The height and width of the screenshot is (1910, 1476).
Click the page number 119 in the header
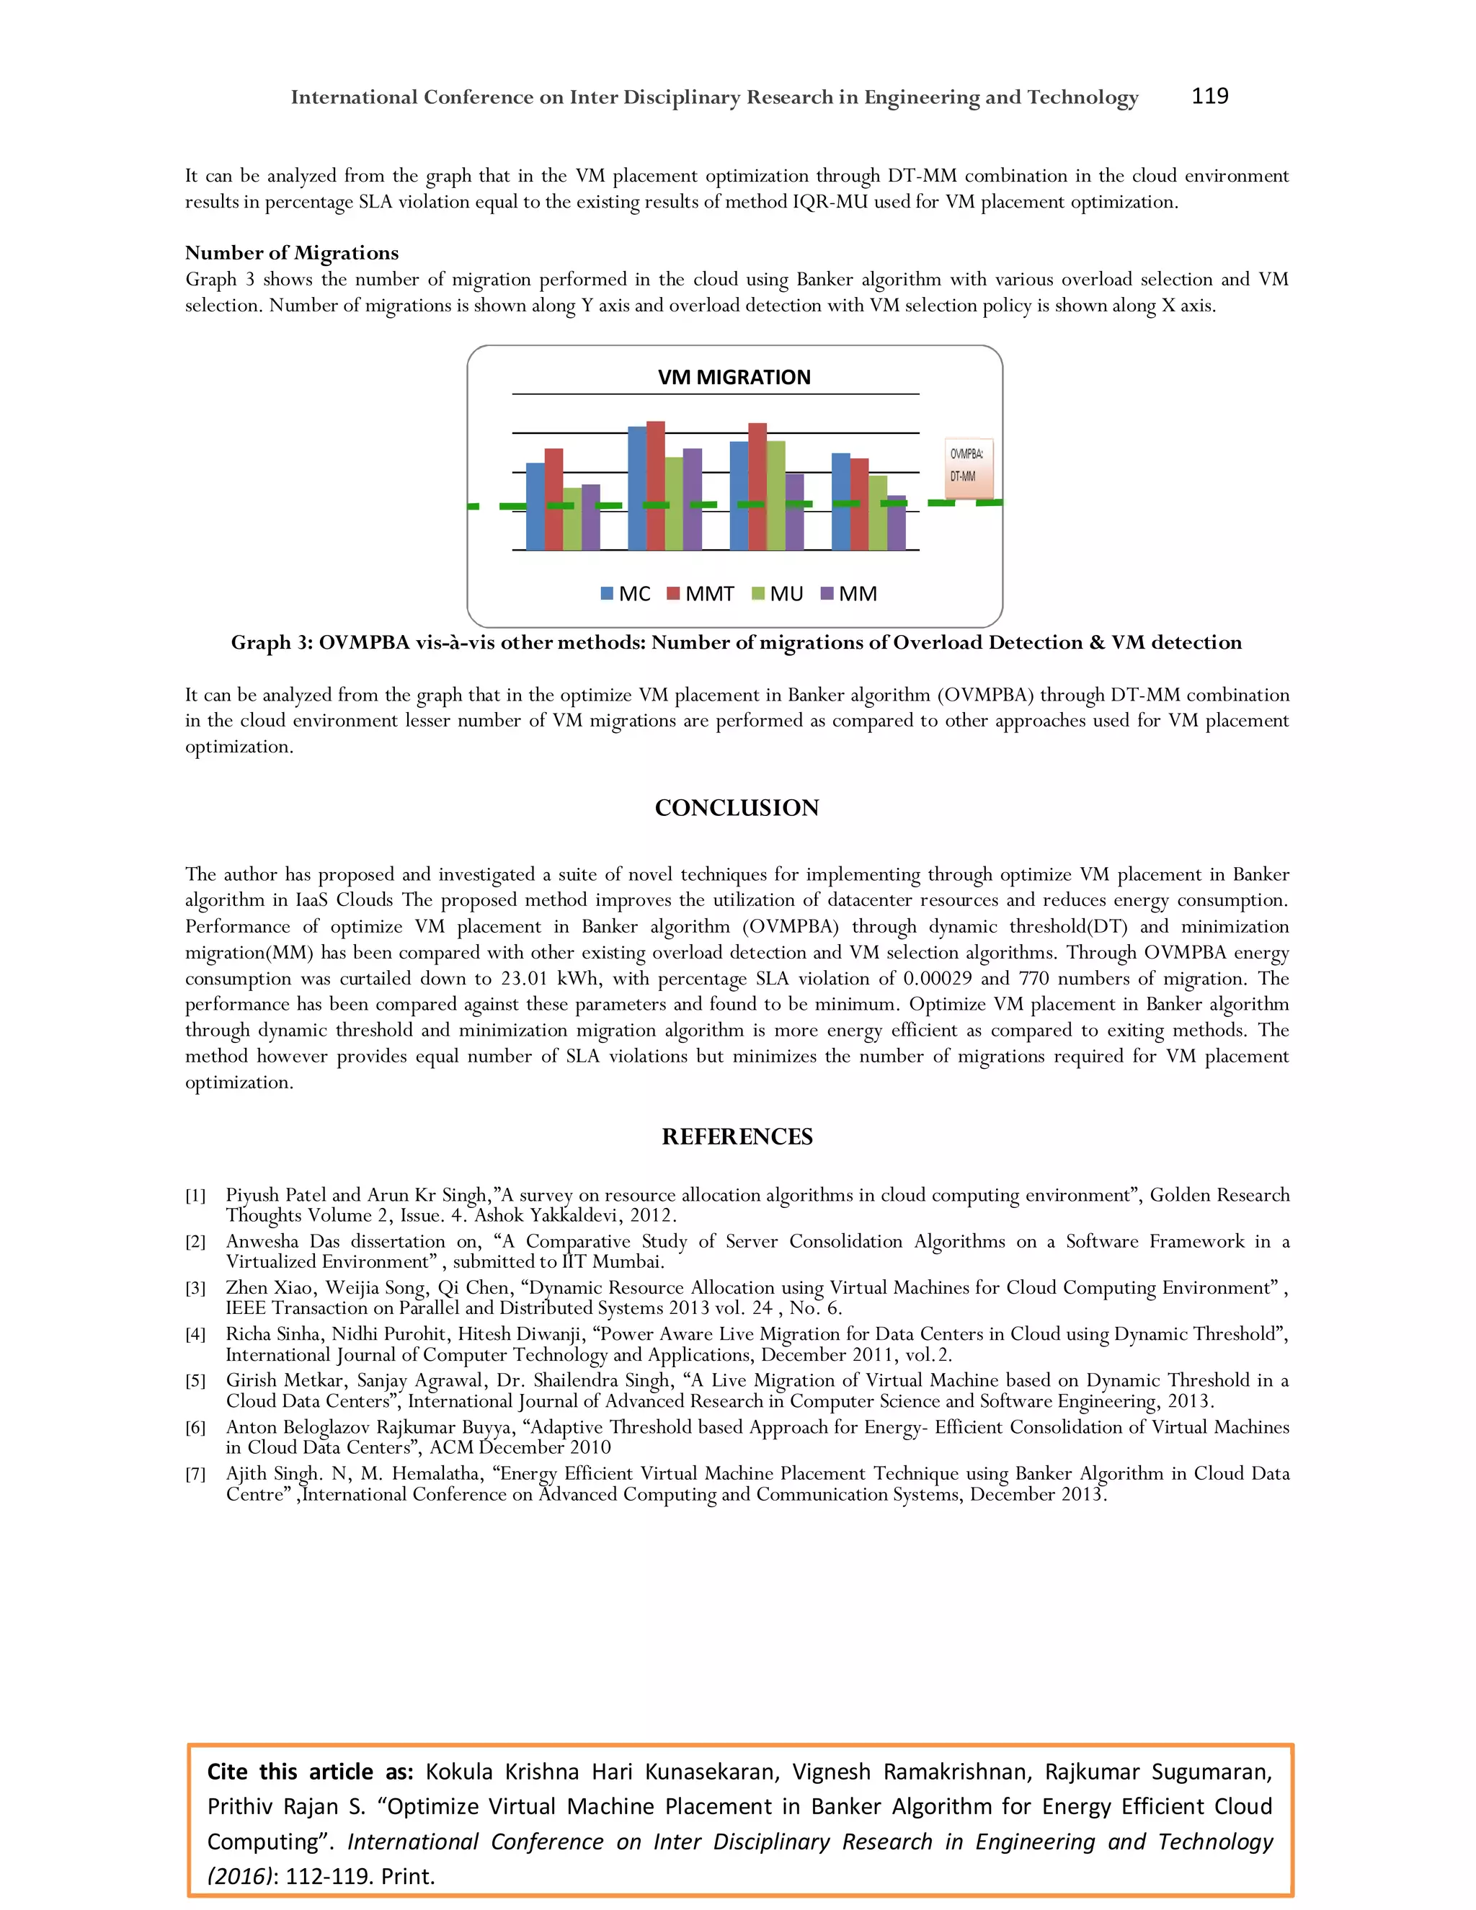tap(1209, 96)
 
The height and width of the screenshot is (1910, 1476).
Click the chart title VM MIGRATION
tap(734, 377)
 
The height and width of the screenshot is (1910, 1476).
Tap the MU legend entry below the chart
tap(778, 594)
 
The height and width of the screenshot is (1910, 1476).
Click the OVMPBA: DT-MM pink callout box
tap(968, 467)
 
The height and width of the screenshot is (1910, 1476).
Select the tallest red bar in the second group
tap(655, 485)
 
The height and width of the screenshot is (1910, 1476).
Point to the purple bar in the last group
tap(897, 523)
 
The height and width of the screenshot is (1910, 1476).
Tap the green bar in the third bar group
tap(775, 495)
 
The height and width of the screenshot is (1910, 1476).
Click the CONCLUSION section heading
tap(737, 807)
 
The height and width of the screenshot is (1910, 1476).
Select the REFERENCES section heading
tap(737, 1136)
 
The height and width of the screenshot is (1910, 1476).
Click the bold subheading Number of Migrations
tap(291, 253)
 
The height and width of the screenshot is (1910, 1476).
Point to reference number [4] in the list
tap(195, 1335)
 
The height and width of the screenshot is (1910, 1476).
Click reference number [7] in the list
tap(195, 1475)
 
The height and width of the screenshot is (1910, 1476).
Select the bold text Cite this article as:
tap(309, 1772)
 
